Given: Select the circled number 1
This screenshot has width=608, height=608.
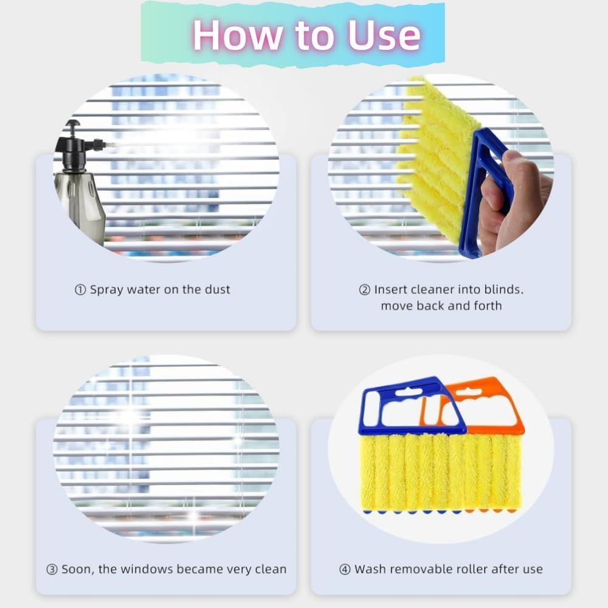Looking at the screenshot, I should (x=80, y=290).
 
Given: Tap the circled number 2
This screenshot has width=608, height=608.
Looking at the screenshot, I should (x=364, y=290).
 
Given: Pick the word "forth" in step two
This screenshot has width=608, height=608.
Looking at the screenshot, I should (x=486, y=305).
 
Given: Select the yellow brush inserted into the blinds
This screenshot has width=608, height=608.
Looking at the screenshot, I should (x=432, y=158).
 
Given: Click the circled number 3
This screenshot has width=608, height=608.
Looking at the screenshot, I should (x=52, y=570).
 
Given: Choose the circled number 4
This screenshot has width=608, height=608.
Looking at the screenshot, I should (x=345, y=570).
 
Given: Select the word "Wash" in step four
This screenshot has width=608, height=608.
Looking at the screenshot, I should (x=371, y=570).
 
